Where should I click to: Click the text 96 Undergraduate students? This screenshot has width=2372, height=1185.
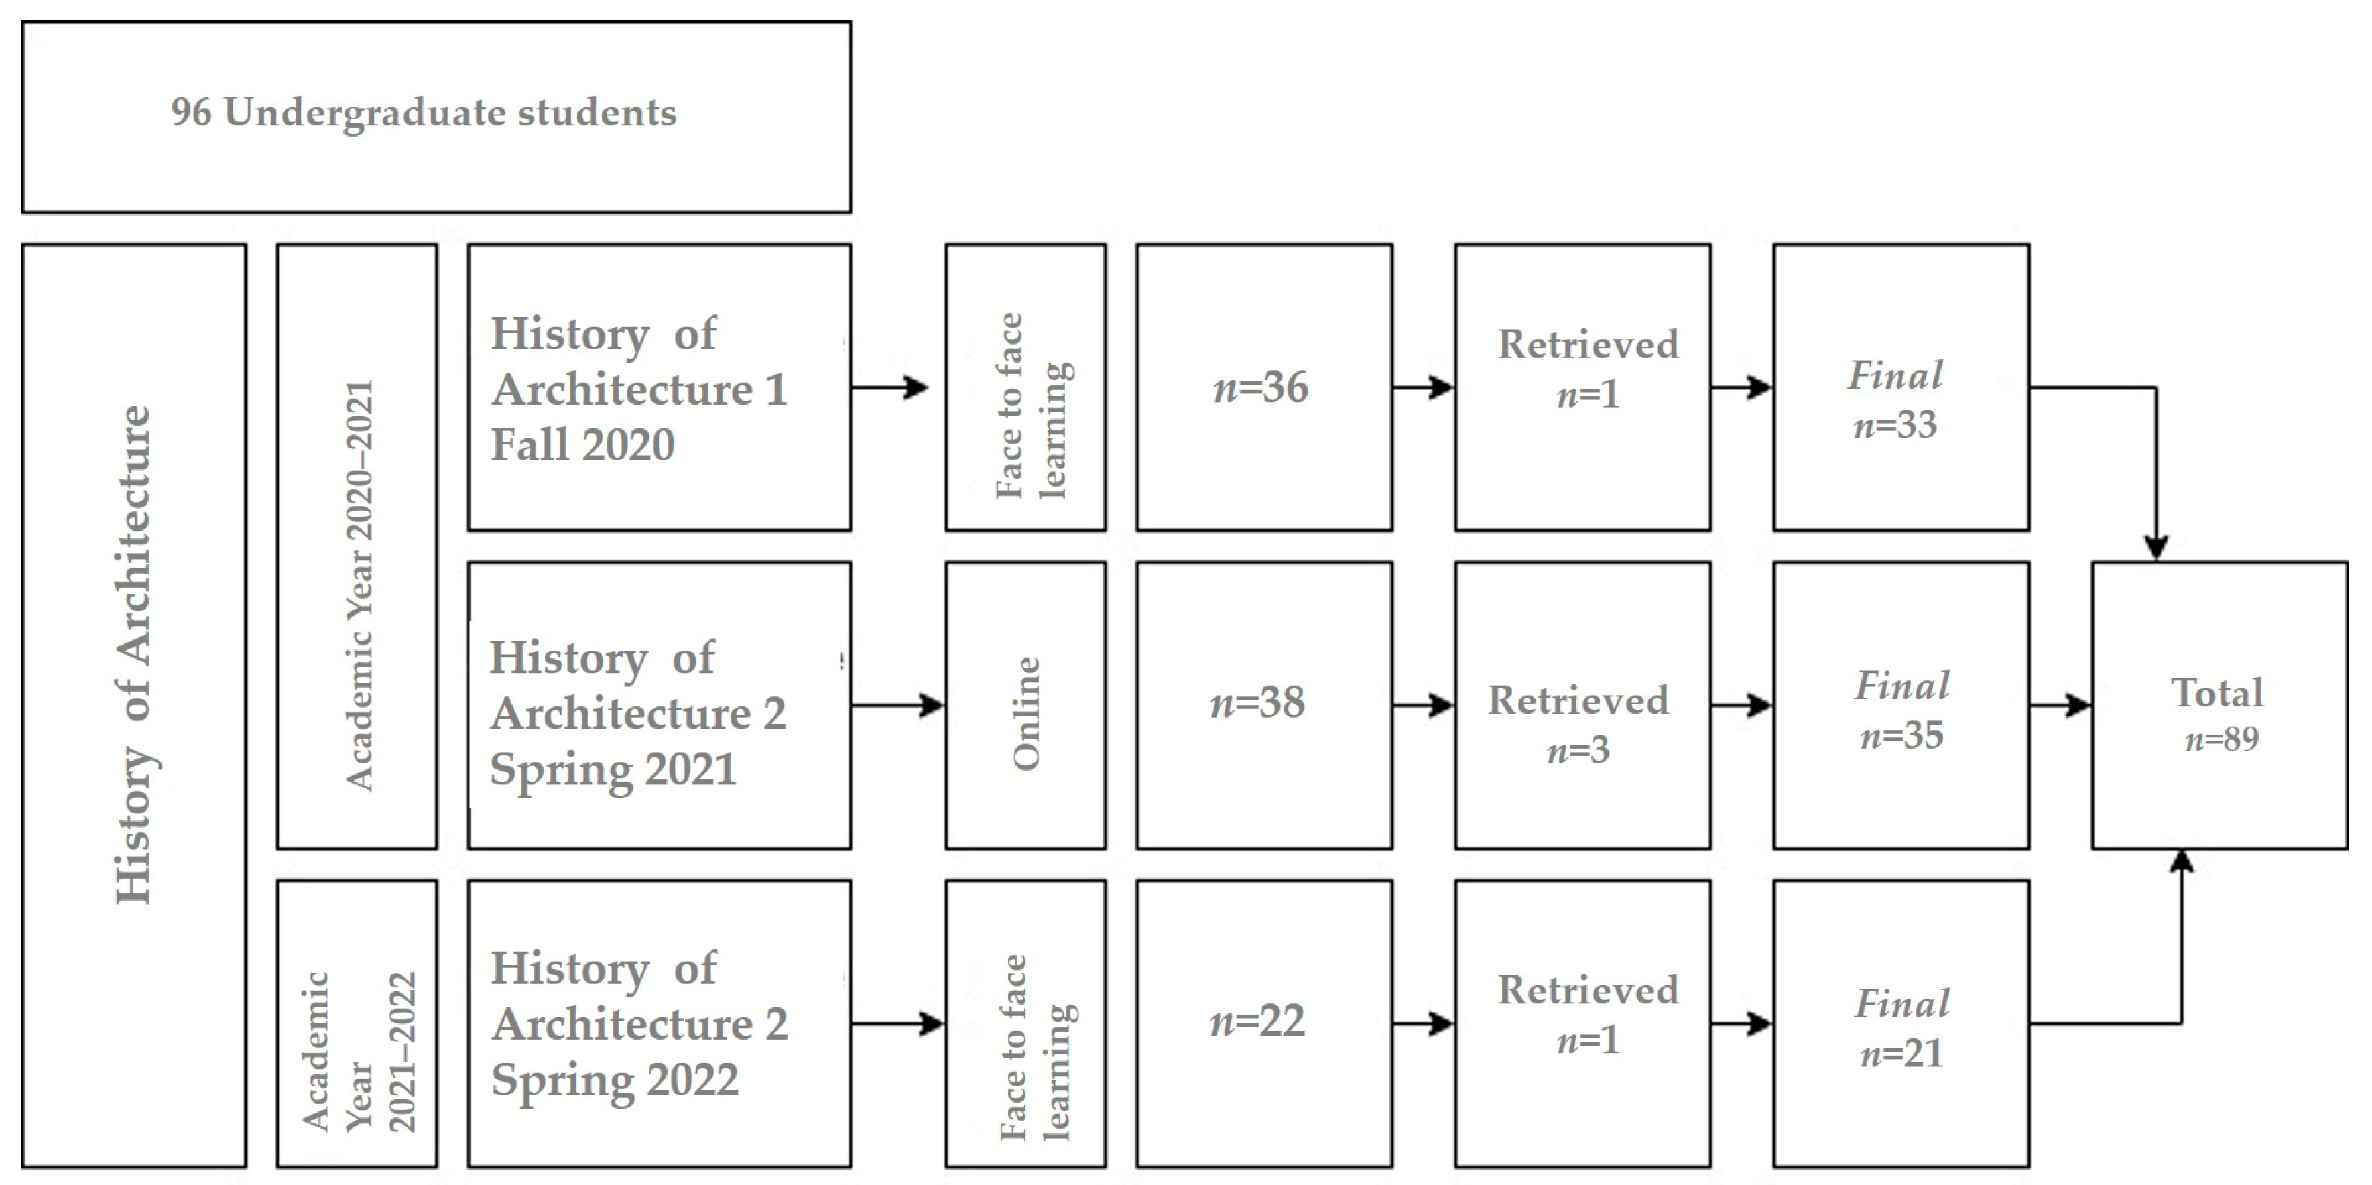(x=424, y=113)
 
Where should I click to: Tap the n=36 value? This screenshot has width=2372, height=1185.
(x=1261, y=387)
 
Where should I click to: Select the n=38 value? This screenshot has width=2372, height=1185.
(x=1258, y=704)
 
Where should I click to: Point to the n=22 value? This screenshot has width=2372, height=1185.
(x=1258, y=1021)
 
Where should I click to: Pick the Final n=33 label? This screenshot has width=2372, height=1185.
(x=1896, y=399)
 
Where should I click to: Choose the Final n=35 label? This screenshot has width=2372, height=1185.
(x=1901, y=710)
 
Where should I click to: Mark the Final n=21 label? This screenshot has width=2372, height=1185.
(x=1901, y=1027)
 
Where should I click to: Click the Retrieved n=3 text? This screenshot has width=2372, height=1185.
(x=1578, y=725)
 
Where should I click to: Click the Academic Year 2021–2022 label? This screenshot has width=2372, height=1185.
(x=359, y=1052)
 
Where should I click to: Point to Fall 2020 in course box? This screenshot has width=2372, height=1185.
(x=583, y=445)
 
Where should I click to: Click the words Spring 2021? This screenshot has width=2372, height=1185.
(x=613, y=769)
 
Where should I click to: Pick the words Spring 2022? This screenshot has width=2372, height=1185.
(x=614, y=1080)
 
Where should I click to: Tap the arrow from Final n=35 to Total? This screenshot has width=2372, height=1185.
(x=2061, y=706)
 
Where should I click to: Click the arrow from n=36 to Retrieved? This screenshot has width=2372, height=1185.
(x=1424, y=387)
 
